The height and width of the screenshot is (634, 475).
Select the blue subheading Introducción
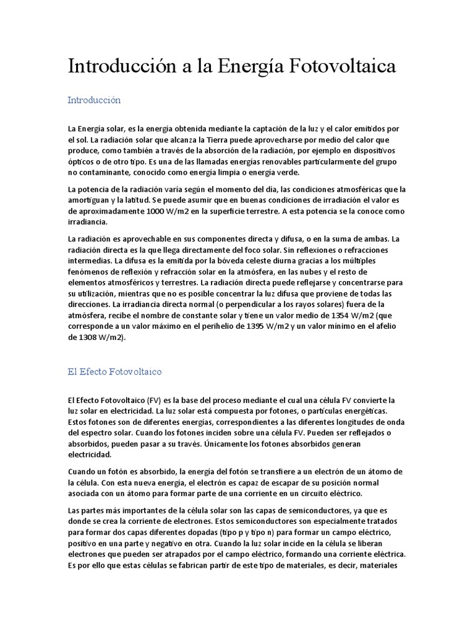click(x=94, y=100)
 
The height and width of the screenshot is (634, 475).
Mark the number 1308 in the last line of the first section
click(x=88, y=337)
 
